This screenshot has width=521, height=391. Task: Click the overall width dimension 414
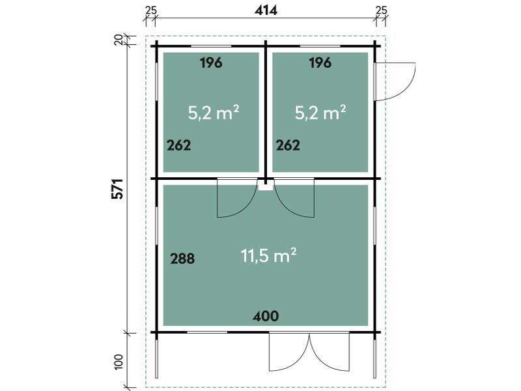pos(266,10)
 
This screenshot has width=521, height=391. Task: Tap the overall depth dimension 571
pos(118,189)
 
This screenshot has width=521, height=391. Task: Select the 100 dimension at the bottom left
pos(119,362)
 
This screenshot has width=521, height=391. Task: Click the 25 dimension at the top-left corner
pos(150,10)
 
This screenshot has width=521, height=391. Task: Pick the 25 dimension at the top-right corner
pos(382,10)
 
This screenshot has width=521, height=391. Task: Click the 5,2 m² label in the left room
pos(214,112)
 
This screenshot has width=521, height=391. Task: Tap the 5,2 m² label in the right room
pos(320,112)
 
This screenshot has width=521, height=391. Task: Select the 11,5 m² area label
pos(268,255)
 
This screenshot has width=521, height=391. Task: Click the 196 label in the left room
pos(211,63)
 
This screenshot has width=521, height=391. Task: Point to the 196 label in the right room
pos(320,63)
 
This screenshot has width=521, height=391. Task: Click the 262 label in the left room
pos(178,145)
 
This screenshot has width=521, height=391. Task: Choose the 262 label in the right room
pos(288,145)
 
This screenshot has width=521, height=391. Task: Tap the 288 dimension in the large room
pos(182,258)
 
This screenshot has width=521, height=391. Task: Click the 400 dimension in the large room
pos(266,316)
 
